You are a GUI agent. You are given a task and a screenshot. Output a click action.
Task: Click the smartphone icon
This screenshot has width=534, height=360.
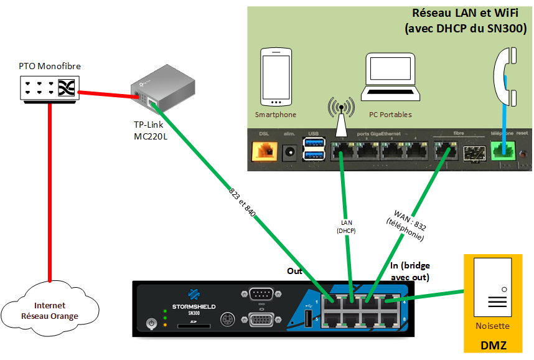pyautogui.click(x=276, y=77)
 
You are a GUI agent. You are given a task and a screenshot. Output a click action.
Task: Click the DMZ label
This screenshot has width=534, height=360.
pyautogui.click(x=493, y=344)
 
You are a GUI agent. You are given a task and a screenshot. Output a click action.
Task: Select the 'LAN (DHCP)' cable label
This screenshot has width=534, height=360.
pyautogui.click(x=346, y=226)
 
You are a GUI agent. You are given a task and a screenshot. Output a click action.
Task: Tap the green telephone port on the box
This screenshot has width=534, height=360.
pyautogui.click(x=502, y=151)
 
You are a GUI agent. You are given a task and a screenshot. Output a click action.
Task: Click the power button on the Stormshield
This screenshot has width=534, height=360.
pyautogui.click(x=149, y=323)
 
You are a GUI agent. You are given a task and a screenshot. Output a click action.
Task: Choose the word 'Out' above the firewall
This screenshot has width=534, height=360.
pyautogui.click(x=294, y=271)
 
